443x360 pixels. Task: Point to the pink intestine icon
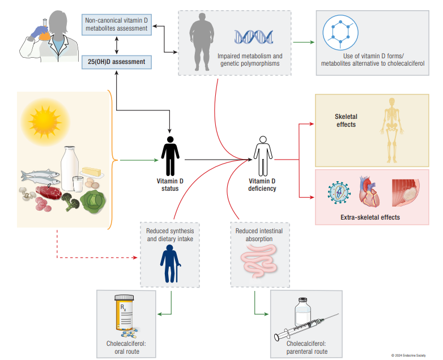point(257,263)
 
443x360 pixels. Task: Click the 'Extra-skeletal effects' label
point(370,217)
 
